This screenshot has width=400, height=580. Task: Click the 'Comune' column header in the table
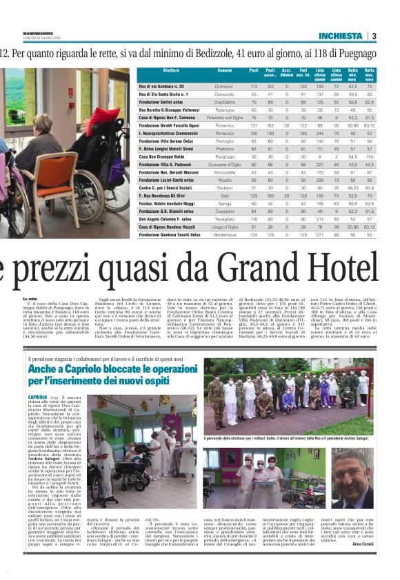tap(225, 72)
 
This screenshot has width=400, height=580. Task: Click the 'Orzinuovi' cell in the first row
tap(225, 86)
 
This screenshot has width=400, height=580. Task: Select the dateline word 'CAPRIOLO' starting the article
tap(38, 398)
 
